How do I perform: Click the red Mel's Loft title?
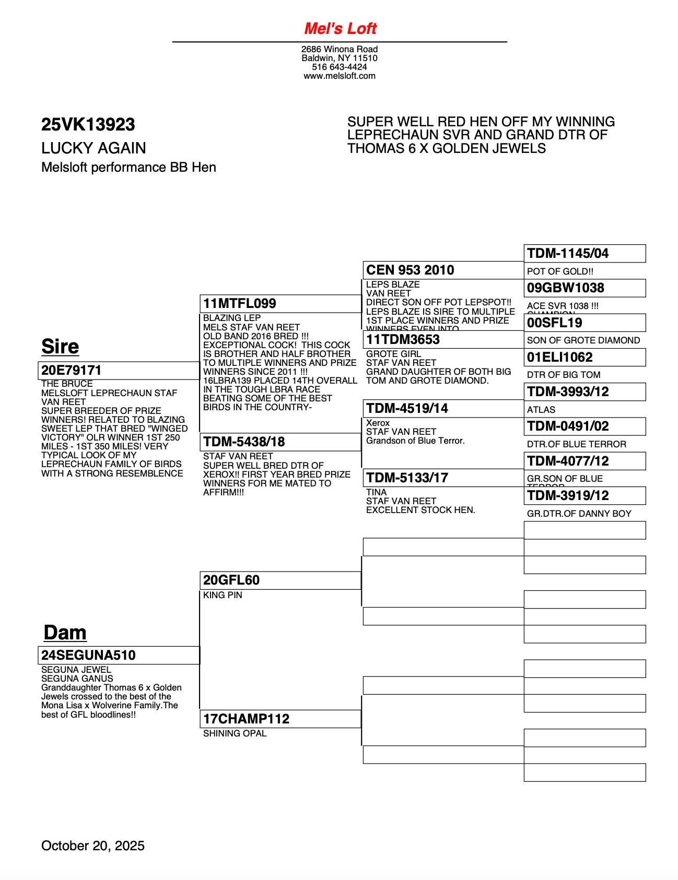coord(340,29)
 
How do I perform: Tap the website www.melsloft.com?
coord(340,76)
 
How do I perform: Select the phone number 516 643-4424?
coord(340,67)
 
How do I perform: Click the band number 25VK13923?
coord(88,124)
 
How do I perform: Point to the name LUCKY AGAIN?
coord(93,148)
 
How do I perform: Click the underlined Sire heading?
coord(60,347)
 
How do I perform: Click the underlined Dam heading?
coord(65,632)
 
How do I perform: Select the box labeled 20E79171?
coord(118,370)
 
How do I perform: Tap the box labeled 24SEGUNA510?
coord(118,655)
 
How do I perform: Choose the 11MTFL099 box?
coord(280,303)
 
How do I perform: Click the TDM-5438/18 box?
coord(280,442)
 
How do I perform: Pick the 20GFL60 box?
coord(280,580)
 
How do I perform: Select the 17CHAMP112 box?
coord(280,719)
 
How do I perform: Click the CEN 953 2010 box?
coord(443,270)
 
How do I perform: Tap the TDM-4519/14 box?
coord(443,408)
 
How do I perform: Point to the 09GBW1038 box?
coord(585,288)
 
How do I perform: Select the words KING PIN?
coord(223,595)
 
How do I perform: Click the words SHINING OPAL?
coord(235,733)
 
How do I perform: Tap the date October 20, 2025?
coord(93,846)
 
